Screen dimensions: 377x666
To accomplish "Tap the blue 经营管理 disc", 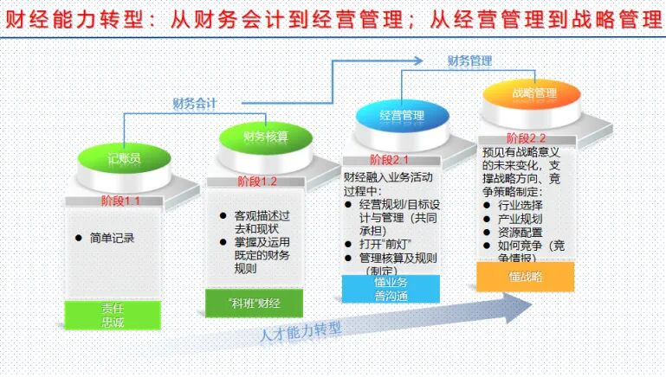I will click(401, 115).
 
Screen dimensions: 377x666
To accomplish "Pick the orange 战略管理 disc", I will click(533, 93).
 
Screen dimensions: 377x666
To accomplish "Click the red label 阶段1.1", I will click(120, 201).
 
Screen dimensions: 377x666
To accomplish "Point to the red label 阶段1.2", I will click(257, 182).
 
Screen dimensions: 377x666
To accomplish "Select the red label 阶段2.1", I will click(389, 159).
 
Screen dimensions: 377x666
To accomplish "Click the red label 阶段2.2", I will click(527, 137).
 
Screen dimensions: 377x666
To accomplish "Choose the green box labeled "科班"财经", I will click(254, 303).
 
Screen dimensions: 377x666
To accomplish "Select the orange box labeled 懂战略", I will click(525, 277).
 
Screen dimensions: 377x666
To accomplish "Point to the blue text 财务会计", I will click(194, 104).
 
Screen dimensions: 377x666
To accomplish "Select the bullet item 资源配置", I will click(520, 233).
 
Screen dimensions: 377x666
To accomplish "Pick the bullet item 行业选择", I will click(520, 205).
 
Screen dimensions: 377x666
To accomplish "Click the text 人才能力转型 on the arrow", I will click(301, 331).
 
